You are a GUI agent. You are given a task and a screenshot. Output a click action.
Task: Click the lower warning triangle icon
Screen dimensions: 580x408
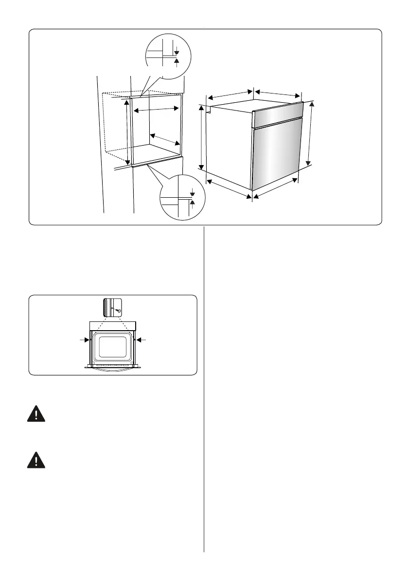(36, 460)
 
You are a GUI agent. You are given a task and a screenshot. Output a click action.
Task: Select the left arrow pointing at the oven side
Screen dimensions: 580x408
(84, 339)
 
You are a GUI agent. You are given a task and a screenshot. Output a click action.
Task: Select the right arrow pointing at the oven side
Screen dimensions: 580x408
(142, 339)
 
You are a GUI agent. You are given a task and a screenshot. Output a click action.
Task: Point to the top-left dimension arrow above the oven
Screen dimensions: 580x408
(228, 95)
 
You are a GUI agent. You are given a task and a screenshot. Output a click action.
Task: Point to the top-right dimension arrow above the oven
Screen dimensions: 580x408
(278, 94)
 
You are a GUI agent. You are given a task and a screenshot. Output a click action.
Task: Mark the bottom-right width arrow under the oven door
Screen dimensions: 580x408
(275, 188)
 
